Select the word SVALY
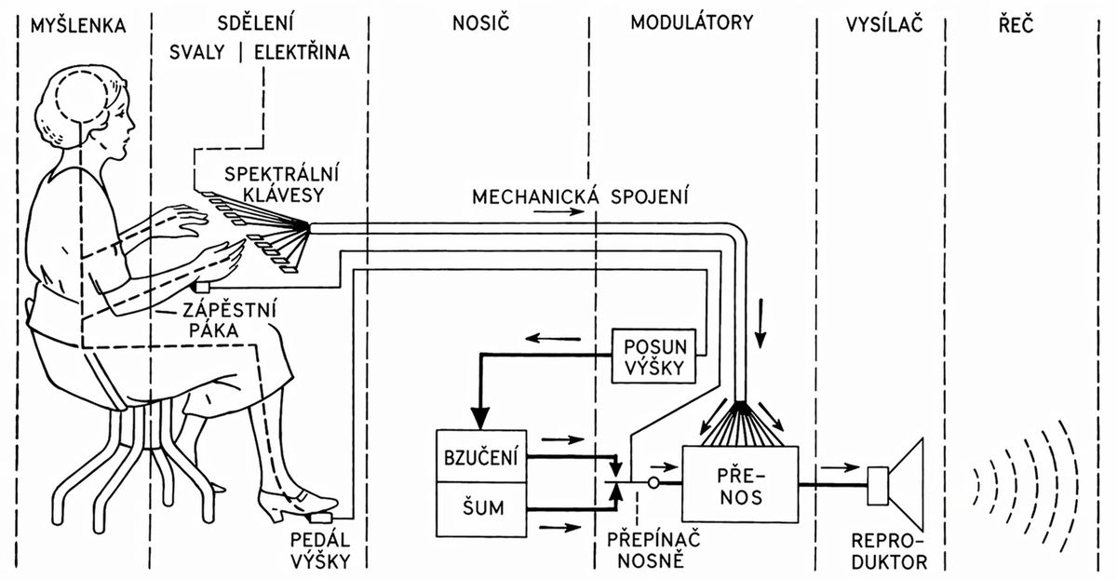[x=196, y=54]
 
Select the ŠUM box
[x=481, y=508]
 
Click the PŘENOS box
[x=740, y=483]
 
